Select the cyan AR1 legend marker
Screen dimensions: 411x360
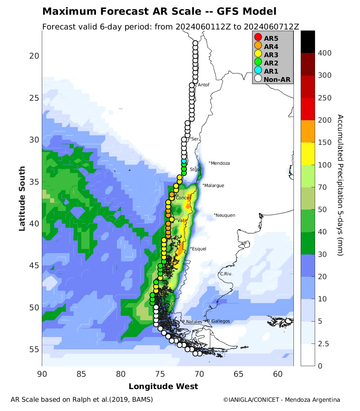pyautogui.click(x=258, y=71)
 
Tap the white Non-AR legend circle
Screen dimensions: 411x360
pyautogui.click(x=258, y=79)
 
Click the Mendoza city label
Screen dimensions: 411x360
pyautogui.click(x=220, y=163)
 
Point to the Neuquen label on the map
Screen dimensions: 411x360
pyautogui.click(x=225, y=215)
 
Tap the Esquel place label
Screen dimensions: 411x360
pyautogui.click(x=199, y=249)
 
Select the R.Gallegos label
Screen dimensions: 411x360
pyautogui.click(x=218, y=321)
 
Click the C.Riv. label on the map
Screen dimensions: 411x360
pyautogui.click(x=226, y=274)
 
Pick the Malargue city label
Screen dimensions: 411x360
pyautogui.click(x=214, y=186)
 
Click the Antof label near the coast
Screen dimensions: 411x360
pyautogui.click(x=203, y=85)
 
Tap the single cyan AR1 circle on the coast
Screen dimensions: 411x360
pyautogui.click(x=184, y=161)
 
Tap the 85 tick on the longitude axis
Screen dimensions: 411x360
pyautogui.click(x=81, y=374)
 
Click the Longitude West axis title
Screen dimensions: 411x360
pyautogui.click(x=163, y=387)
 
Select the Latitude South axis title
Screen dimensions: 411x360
pyautogui.click(x=22, y=199)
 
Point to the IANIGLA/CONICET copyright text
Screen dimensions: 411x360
pyautogui.click(x=281, y=400)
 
